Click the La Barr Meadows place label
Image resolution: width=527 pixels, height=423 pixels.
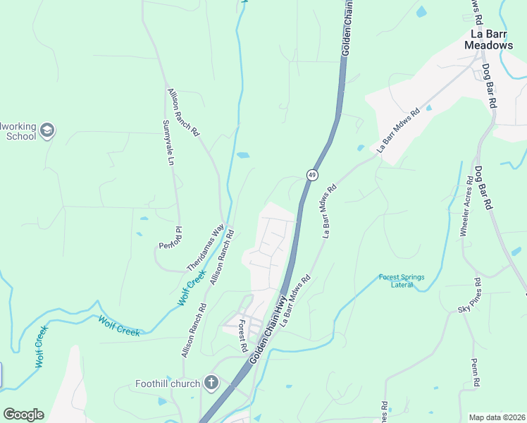coord(488,39)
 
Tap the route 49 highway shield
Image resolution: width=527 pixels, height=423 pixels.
coord(312,174)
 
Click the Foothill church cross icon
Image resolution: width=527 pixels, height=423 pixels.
coord(210,384)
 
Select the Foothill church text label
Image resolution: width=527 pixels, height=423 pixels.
coord(168,384)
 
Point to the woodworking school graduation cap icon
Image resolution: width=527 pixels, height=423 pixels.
coord(47,130)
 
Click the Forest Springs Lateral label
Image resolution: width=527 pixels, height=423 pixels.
coord(402,281)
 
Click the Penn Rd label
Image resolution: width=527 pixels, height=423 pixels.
coord(476,372)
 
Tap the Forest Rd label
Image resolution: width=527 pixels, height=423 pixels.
coord(242,336)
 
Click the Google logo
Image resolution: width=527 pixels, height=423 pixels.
coord(23,415)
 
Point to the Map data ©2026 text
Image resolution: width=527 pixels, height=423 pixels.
coord(497,417)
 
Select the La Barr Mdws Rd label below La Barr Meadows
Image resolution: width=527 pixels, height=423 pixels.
coord(398,130)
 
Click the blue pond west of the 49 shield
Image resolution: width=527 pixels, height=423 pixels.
coord(243,155)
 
